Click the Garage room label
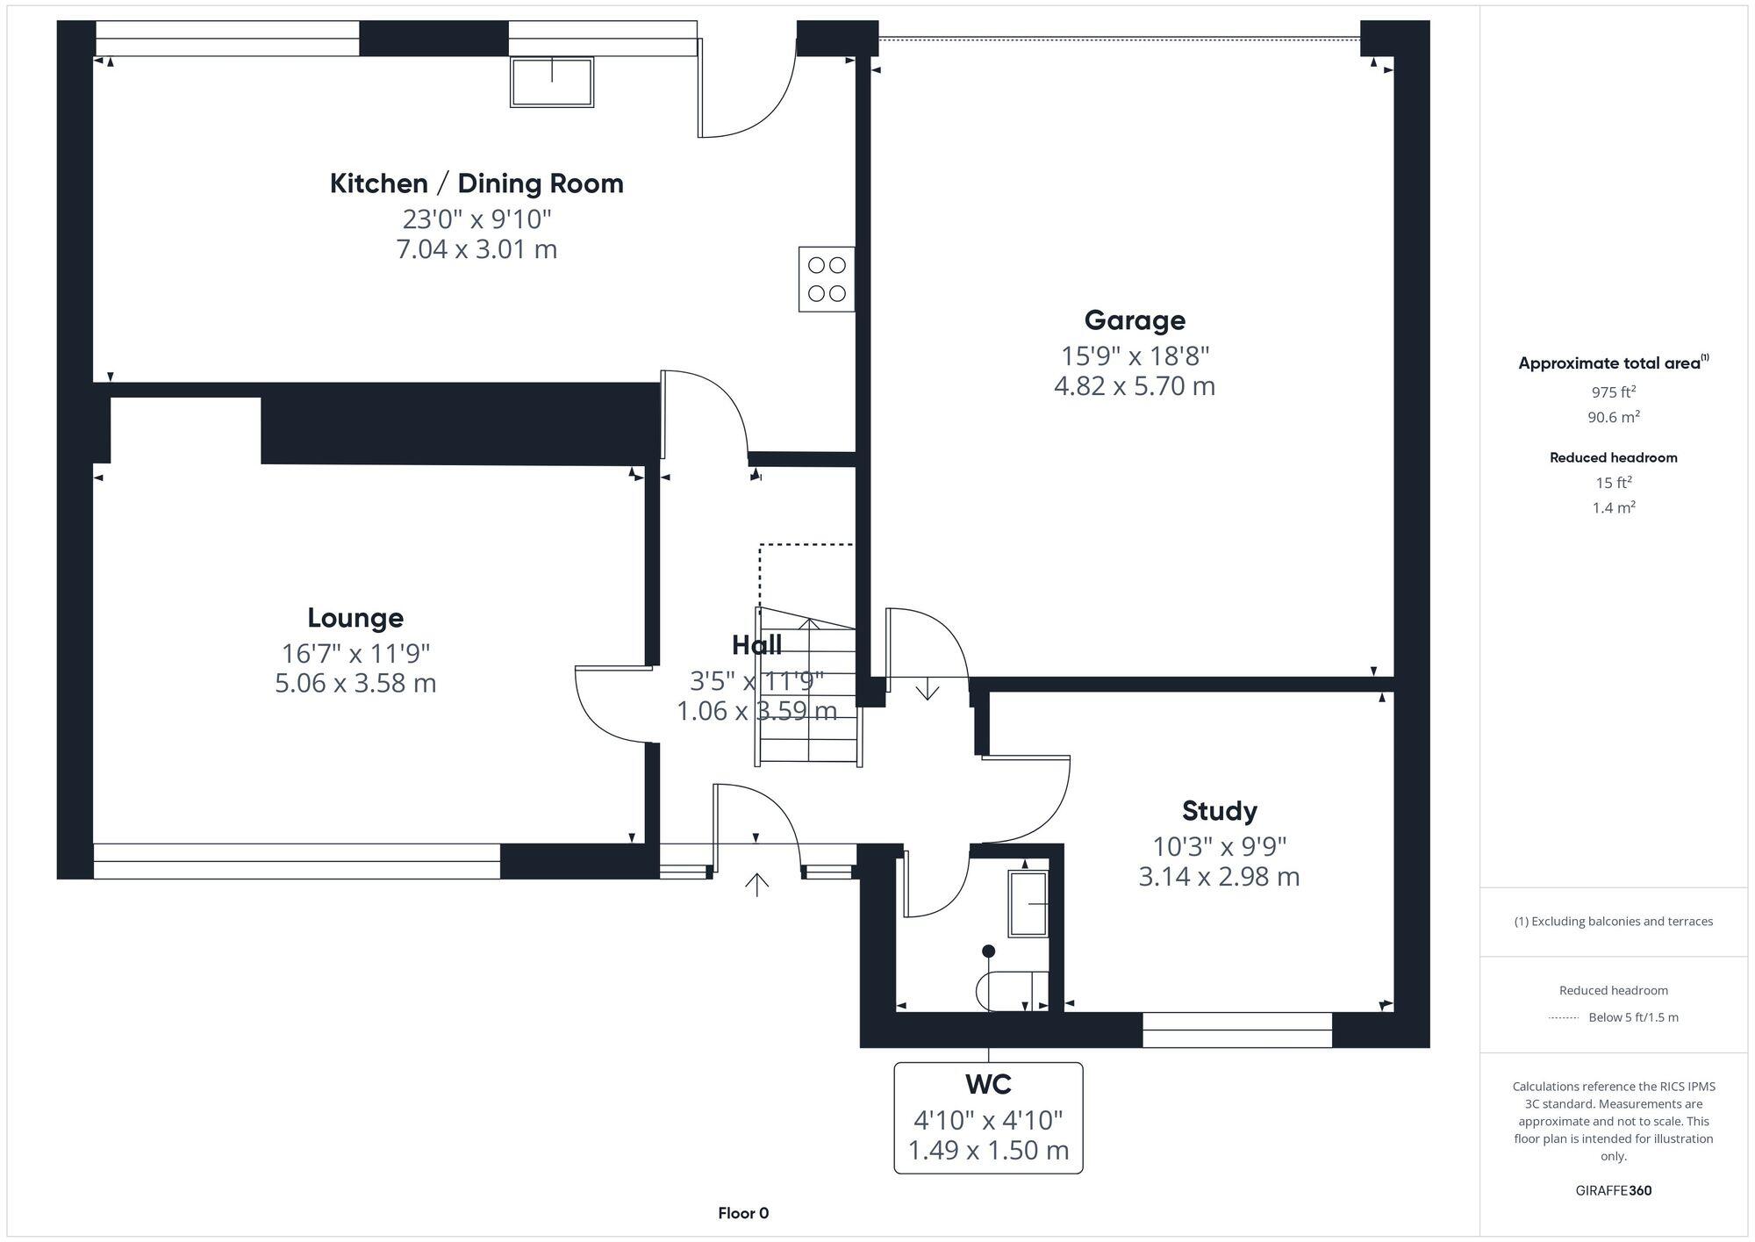click(1135, 320)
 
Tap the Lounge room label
click(355, 618)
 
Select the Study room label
click(1219, 810)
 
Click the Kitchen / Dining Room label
click(476, 183)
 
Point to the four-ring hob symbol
click(826, 279)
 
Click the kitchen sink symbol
click(552, 82)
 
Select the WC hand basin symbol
click(1028, 903)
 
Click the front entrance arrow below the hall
click(756, 884)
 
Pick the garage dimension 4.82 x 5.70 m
click(1135, 386)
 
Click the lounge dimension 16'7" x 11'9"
click(355, 653)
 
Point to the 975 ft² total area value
click(1613, 392)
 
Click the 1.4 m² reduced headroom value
click(1613, 507)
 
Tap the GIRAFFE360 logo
click(1613, 1190)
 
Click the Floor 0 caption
click(743, 1213)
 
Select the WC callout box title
click(988, 1085)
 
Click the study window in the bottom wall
click(1236, 1030)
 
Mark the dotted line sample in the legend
click(1564, 1018)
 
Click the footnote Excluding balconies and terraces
click(1613, 921)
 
